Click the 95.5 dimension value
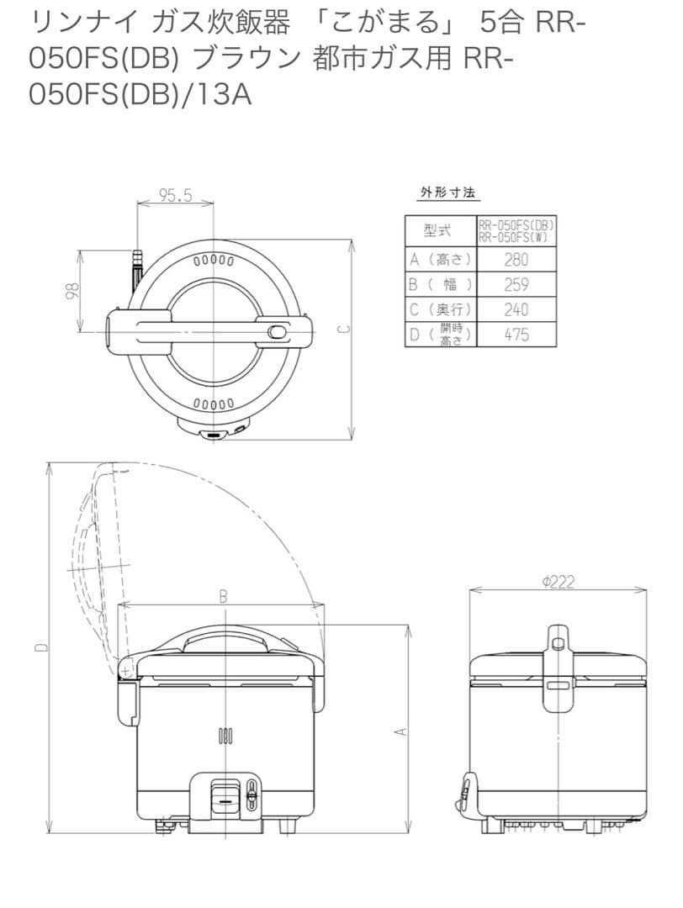click(x=176, y=195)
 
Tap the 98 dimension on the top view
click(x=73, y=290)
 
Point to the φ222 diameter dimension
click(x=559, y=582)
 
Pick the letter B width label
click(x=223, y=596)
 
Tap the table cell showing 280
click(x=516, y=260)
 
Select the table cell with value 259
click(x=516, y=284)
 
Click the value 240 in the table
click(x=516, y=309)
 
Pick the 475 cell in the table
click(x=516, y=335)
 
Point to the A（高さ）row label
click(x=440, y=260)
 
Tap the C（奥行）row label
click(x=440, y=309)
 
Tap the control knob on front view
click(x=225, y=792)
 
